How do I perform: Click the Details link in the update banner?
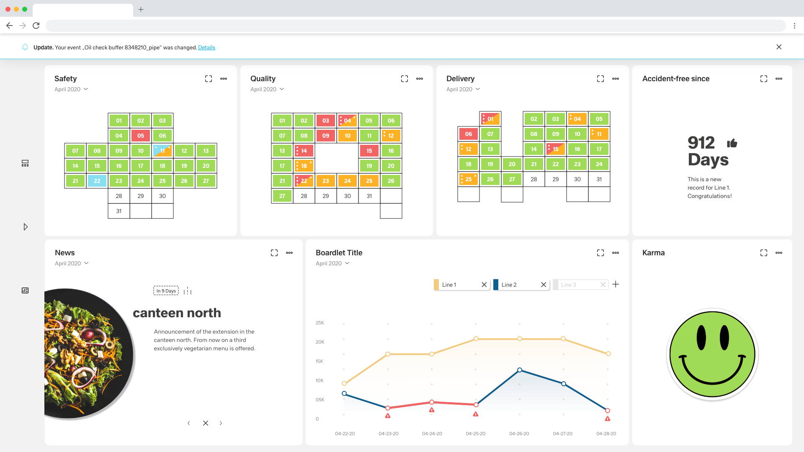[x=206, y=48]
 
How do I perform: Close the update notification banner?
[x=779, y=47]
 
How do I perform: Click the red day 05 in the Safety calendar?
[x=141, y=136]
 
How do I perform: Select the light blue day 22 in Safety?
[x=97, y=181]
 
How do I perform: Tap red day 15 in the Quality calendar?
[x=369, y=151]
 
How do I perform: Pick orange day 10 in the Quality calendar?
[x=347, y=136]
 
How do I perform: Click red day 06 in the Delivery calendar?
[x=468, y=134]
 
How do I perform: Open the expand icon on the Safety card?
[x=209, y=79]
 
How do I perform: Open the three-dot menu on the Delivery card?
[x=616, y=79]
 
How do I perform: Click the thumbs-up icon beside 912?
[x=732, y=143]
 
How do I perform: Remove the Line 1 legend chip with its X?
[x=484, y=285]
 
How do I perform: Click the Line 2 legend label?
[x=509, y=285]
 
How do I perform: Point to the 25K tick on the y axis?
[x=320, y=323]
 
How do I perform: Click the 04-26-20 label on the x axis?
[x=519, y=434]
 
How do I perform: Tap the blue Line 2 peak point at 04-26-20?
[x=520, y=370]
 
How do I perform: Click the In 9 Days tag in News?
[x=166, y=291]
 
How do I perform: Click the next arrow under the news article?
[x=221, y=423]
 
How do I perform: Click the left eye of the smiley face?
[x=701, y=337]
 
